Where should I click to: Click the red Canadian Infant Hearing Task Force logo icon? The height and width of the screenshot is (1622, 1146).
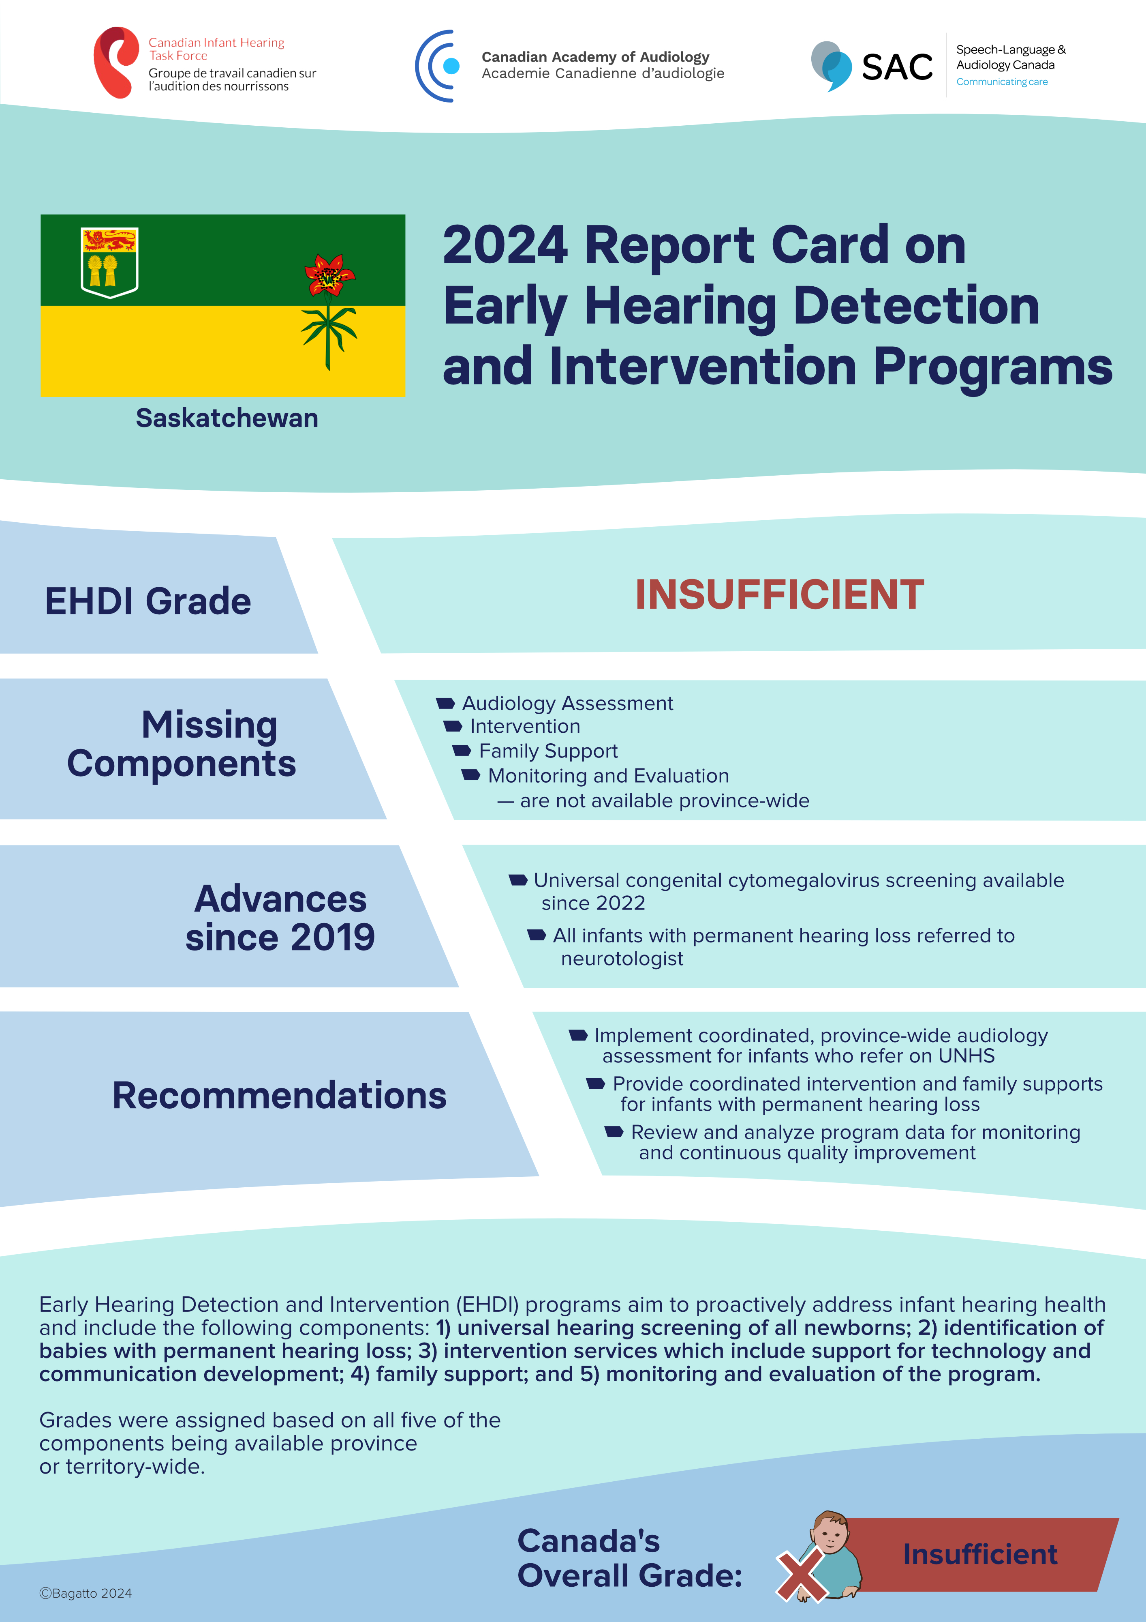[x=115, y=62]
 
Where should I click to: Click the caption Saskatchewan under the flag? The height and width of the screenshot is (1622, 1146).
[x=227, y=418]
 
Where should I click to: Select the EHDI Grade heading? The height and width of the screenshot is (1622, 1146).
[x=148, y=601]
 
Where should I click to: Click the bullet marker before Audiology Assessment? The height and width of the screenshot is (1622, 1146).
[x=445, y=703]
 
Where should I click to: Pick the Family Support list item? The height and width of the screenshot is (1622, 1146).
[x=548, y=751]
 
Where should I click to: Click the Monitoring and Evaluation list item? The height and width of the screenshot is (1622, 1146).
[x=608, y=776]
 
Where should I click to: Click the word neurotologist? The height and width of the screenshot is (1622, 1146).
[x=622, y=959]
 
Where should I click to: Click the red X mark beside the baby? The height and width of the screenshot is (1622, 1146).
[x=803, y=1575]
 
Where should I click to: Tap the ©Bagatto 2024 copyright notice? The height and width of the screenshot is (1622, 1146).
[x=86, y=1593]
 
